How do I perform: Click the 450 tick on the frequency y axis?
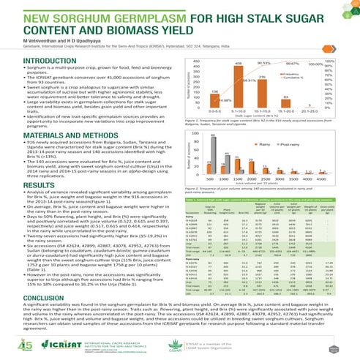[178, 65]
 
